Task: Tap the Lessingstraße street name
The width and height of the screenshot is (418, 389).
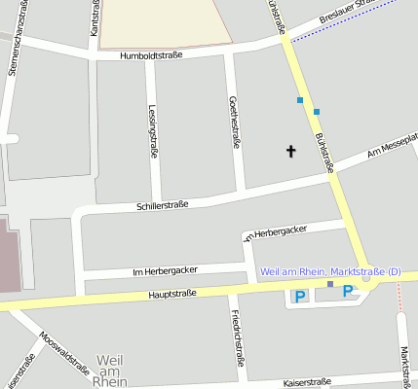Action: tap(153, 131)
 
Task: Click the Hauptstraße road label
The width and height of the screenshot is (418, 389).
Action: tap(172, 293)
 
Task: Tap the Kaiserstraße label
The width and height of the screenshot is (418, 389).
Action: tap(308, 381)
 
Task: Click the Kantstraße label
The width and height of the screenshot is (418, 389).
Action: tap(95, 19)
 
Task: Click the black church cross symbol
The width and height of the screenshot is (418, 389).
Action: tap(289, 151)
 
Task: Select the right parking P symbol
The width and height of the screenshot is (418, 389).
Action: tap(348, 291)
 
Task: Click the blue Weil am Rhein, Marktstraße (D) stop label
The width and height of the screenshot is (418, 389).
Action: tap(330, 271)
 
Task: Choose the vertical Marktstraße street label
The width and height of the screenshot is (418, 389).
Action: tap(402, 365)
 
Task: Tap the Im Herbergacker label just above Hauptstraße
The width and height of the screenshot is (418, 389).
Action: tap(165, 271)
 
